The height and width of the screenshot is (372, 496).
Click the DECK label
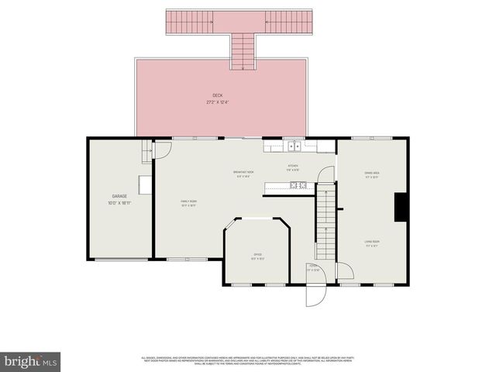(218, 95)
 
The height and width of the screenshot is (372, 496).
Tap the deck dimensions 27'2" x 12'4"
(218, 102)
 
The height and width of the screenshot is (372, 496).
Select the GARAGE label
(119, 197)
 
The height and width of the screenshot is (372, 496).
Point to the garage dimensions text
(119, 203)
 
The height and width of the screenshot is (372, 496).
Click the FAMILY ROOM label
(188, 201)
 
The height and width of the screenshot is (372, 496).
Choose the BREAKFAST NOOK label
(244, 172)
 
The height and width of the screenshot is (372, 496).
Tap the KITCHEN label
(293, 167)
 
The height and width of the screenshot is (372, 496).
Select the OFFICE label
(257, 254)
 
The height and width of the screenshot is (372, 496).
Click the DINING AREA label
(371, 173)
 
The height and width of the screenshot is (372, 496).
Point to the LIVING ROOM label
(372, 242)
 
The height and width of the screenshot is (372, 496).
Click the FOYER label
(313, 266)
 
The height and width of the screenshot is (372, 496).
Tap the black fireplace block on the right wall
(401, 207)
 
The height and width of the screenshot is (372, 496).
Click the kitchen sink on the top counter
(294, 145)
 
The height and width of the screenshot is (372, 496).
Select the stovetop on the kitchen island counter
(298, 185)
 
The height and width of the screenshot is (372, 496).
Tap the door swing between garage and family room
(161, 149)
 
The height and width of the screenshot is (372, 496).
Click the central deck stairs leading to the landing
(243, 51)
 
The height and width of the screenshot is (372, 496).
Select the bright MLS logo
(30, 361)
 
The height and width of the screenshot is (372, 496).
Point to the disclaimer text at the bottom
(246, 360)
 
